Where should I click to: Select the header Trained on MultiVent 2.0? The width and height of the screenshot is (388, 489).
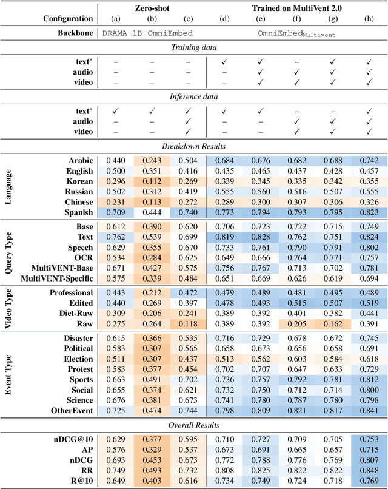pos(297,8)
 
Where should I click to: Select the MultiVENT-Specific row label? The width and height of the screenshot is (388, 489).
pos(56,278)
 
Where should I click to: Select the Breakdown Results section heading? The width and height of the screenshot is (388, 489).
pos(193,146)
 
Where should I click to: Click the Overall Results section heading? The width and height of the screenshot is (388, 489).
pos(193,425)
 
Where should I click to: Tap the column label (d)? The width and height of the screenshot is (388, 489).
pos(224,19)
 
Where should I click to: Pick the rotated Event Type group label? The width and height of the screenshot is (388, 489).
pos(9,373)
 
